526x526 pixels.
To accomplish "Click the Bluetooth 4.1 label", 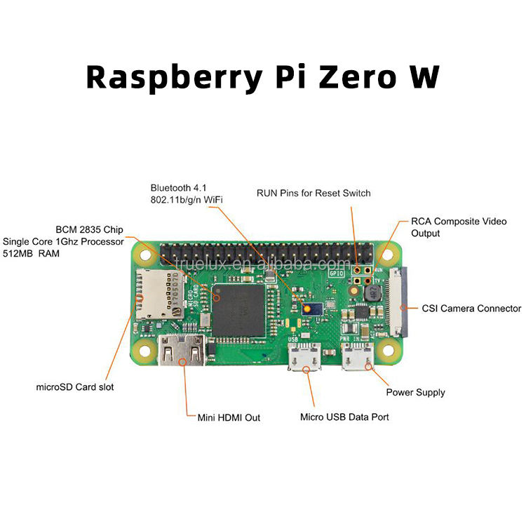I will pyautogui.click(x=178, y=188).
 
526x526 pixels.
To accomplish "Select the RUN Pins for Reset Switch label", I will pyautogui.click(x=313, y=193).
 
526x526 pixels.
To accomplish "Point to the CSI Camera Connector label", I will pyautogui.click(x=471, y=309).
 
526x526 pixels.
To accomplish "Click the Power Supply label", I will pyautogui.click(x=415, y=393).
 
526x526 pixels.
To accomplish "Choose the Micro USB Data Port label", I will pyautogui.click(x=344, y=417).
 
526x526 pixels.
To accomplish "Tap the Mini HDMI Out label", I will pyautogui.click(x=229, y=418).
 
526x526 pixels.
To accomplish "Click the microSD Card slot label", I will pyautogui.click(x=74, y=387).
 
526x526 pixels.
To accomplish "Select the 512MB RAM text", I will pyautogui.click(x=32, y=253).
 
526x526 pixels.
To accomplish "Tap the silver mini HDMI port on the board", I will pyautogui.click(x=182, y=350).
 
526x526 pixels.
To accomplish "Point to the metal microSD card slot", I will pyautogui.click(x=154, y=294).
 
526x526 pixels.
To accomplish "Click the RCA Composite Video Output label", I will pyautogui.click(x=459, y=227).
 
